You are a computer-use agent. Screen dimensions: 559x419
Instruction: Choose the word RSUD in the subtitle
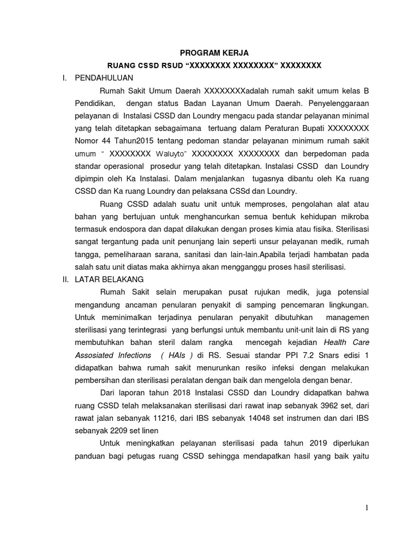(171, 66)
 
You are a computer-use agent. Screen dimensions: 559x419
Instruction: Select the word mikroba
(353, 216)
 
